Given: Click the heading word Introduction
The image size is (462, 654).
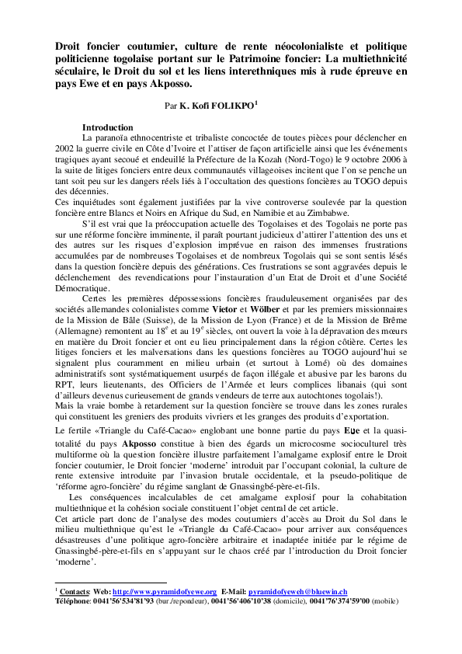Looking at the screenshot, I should coord(107,127).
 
